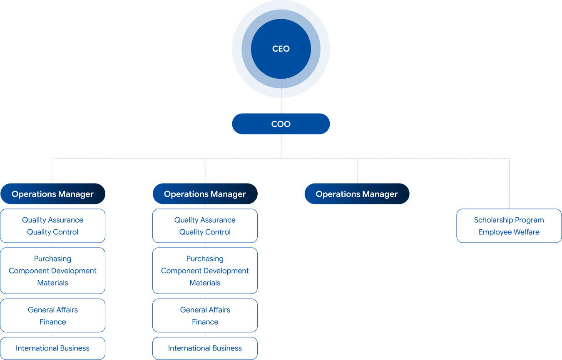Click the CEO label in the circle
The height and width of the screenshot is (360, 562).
pyautogui.click(x=281, y=49)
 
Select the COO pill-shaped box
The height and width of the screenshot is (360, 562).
pyautogui.click(x=281, y=124)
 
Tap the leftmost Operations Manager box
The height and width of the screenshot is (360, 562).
pyautogui.click(x=52, y=194)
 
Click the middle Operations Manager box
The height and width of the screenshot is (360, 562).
pyautogui.click(x=205, y=194)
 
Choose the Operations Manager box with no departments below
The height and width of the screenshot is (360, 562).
pyautogui.click(x=357, y=194)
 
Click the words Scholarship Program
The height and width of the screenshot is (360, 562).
pyautogui.click(x=509, y=220)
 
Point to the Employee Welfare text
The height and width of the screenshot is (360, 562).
pyautogui.click(x=509, y=232)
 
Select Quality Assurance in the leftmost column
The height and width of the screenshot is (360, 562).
pyautogui.click(x=52, y=220)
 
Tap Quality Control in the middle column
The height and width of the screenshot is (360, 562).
pyautogui.click(x=205, y=232)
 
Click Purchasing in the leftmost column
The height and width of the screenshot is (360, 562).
pyautogui.click(x=52, y=258)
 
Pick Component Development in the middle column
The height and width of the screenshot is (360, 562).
pyautogui.click(x=205, y=271)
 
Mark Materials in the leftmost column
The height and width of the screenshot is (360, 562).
pyautogui.click(x=52, y=283)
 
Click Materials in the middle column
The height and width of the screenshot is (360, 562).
pyautogui.click(x=205, y=283)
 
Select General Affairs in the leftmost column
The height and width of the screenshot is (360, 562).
pyautogui.click(x=52, y=310)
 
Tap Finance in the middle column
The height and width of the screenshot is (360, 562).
pyautogui.click(x=205, y=322)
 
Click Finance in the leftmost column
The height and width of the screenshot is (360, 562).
pyautogui.click(x=52, y=322)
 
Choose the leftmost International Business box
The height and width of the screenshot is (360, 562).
pyautogui.click(x=52, y=348)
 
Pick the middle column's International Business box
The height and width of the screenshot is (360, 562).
pyautogui.click(x=205, y=348)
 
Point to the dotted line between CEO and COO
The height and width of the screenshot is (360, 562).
pyautogui.click(x=281, y=106)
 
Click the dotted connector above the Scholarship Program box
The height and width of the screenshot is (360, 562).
pyautogui.click(x=509, y=183)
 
